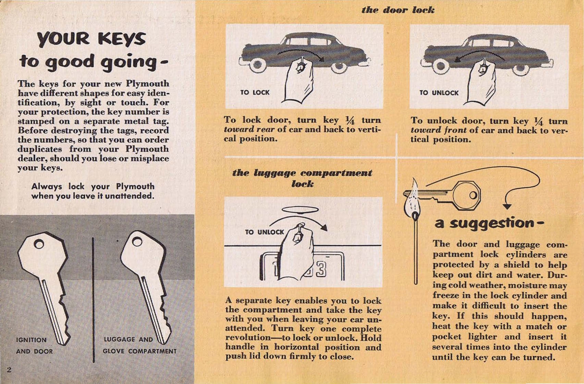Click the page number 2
click(9, 370)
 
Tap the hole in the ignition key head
click(39, 244)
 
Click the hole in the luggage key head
click(137, 242)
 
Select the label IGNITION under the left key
click(31, 340)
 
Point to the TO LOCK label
click(255, 93)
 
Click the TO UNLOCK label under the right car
click(439, 93)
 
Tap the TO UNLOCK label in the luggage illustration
click(264, 232)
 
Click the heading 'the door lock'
click(398, 10)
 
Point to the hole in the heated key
click(473, 195)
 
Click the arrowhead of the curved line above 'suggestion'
click(507, 207)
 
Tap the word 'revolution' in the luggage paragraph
click(248, 338)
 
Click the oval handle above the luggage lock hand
click(300, 210)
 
